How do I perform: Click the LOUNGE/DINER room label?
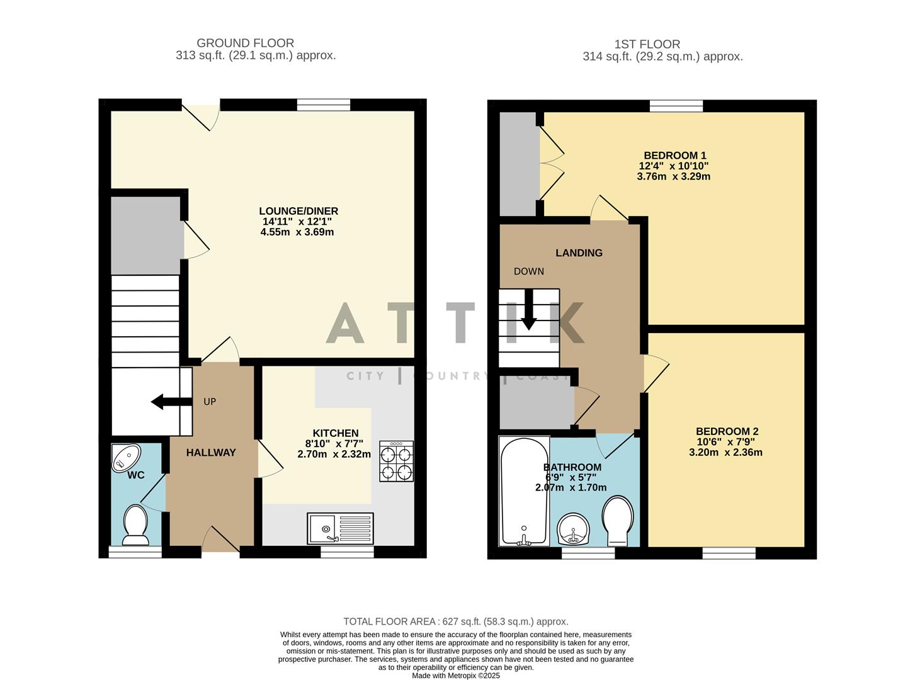click(x=298, y=211)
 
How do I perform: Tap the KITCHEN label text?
click(x=336, y=433)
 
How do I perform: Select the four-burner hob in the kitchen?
click(x=396, y=462)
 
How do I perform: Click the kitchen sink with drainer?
click(x=340, y=528)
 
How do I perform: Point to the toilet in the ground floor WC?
click(x=135, y=524)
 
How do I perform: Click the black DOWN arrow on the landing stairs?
click(x=528, y=310)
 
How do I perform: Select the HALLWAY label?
click(x=211, y=453)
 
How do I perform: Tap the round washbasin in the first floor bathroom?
click(x=573, y=529)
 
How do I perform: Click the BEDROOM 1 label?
click(x=674, y=156)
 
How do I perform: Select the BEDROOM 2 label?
click(x=727, y=431)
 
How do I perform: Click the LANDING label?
click(x=579, y=253)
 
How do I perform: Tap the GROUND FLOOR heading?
click(x=245, y=43)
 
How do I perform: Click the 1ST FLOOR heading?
click(x=647, y=45)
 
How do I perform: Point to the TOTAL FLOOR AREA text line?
click(x=455, y=621)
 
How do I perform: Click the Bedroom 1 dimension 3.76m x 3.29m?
click(x=673, y=177)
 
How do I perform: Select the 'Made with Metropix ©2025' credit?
click(x=455, y=676)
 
